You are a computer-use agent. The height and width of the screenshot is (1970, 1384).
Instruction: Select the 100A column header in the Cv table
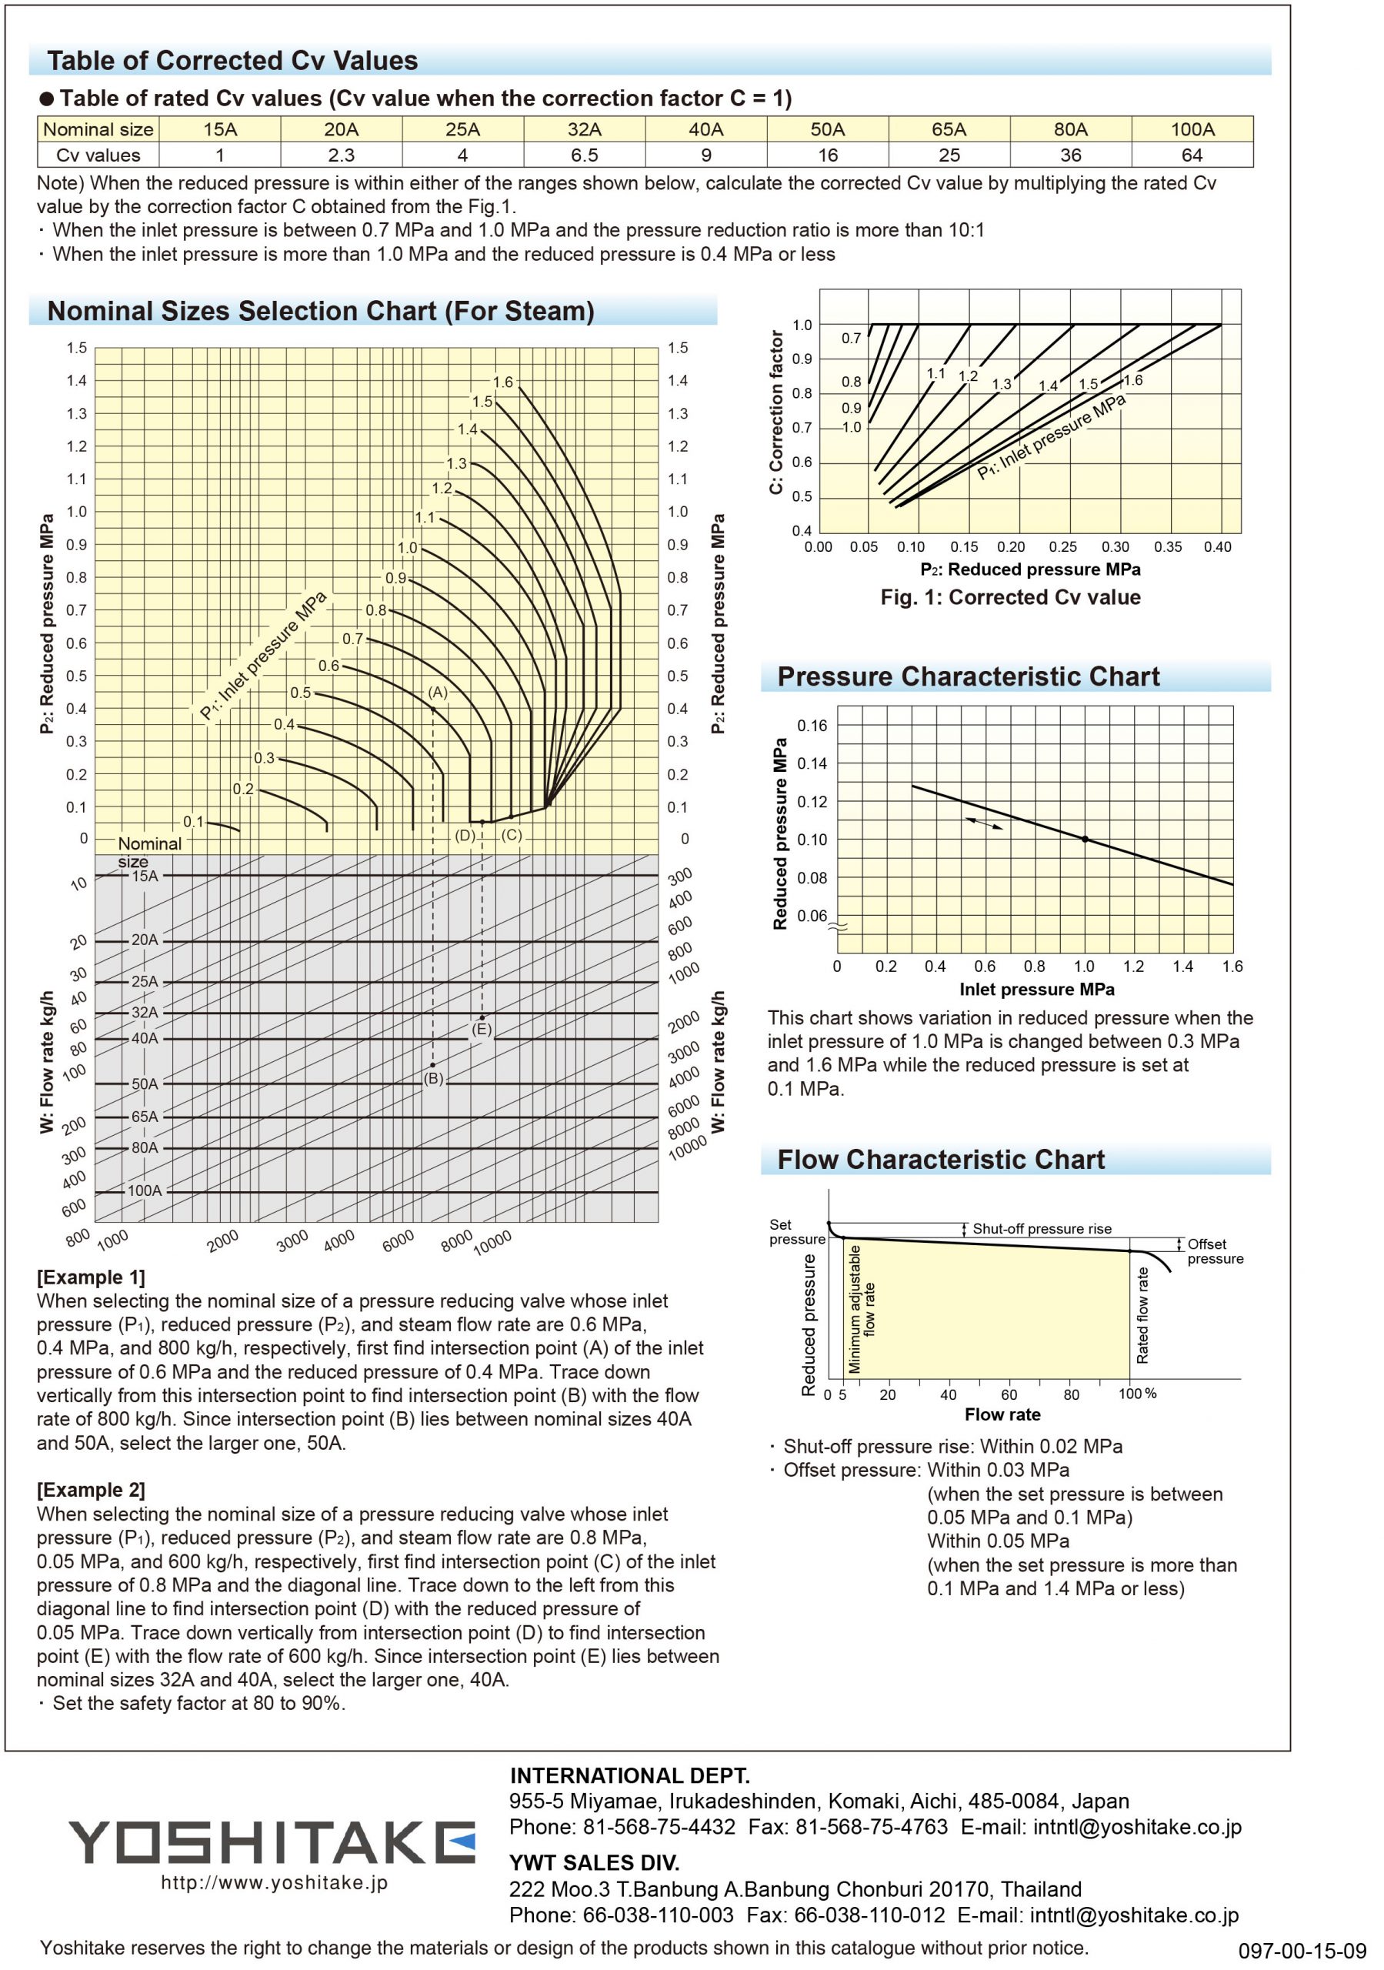(1192, 129)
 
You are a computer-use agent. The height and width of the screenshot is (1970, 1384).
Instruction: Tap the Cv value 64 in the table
(1192, 155)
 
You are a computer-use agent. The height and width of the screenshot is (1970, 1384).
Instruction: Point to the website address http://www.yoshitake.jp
(275, 1882)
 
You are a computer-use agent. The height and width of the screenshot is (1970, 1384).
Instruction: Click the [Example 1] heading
(91, 1277)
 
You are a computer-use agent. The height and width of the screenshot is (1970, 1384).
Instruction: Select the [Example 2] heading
(91, 1490)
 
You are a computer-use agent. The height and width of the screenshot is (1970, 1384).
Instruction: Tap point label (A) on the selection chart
(438, 693)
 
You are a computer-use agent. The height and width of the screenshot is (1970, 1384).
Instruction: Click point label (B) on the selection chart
(434, 1079)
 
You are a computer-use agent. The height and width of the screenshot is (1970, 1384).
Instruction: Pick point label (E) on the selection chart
(482, 1030)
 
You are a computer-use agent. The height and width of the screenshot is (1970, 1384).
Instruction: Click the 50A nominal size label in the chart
(145, 1083)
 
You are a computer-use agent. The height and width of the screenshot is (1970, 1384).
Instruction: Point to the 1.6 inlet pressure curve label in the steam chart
(503, 382)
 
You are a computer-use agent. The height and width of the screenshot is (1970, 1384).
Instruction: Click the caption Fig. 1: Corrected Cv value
(1010, 597)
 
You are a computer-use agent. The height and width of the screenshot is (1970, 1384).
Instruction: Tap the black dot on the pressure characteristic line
(1085, 839)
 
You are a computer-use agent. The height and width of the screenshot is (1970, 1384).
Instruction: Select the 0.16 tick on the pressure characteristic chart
(812, 726)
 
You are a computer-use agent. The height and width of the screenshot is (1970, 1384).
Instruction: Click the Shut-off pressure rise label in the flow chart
(1042, 1229)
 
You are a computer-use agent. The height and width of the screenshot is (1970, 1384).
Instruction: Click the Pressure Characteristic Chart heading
(968, 677)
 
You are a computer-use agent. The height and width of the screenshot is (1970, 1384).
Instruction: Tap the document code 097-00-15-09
(1302, 1950)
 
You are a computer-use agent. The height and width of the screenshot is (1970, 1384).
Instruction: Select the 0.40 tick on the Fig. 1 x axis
(1217, 547)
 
